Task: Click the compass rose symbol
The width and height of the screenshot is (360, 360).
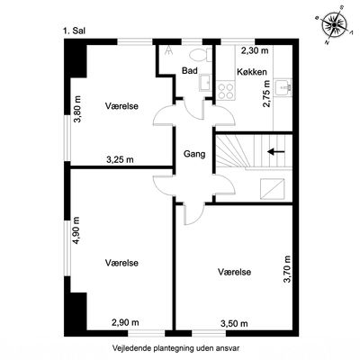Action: click(x=334, y=24)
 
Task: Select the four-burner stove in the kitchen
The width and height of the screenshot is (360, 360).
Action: click(x=226, y=91)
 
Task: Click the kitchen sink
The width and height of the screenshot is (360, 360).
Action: click(x=283, y=88)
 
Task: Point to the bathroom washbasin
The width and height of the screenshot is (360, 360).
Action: click(x=205, y=83)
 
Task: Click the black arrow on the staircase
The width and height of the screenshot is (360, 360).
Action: click(x=276, y=152)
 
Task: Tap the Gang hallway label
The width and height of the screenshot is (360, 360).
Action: click(x=194, y=154)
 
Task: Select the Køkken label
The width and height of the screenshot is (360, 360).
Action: click(x=252, y=72)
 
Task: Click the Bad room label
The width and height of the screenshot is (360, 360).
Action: click(x=190, y=71)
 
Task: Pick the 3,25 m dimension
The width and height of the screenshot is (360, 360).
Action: click(x=120, y=159)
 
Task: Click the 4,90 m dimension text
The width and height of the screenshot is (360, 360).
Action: click(x=76, y=230)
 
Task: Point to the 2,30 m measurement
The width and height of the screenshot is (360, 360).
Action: click(x=255, y=50)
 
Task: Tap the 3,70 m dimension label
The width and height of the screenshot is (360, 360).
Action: click(x=287, y=269)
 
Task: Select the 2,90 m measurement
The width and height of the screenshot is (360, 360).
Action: click(x=125, y=322)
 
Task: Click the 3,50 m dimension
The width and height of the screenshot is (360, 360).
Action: click(x=234, y=323)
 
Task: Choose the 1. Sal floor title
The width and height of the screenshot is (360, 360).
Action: click(x=74, y=31)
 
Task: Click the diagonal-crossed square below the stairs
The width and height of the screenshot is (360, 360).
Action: click(x=272, y=189)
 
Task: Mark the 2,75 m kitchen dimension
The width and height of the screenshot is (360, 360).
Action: click(x=266, y=94)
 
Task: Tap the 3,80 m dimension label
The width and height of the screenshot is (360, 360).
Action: click(x=77, y=109)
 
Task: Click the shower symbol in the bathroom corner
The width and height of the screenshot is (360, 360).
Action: click(x=169, y=50)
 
